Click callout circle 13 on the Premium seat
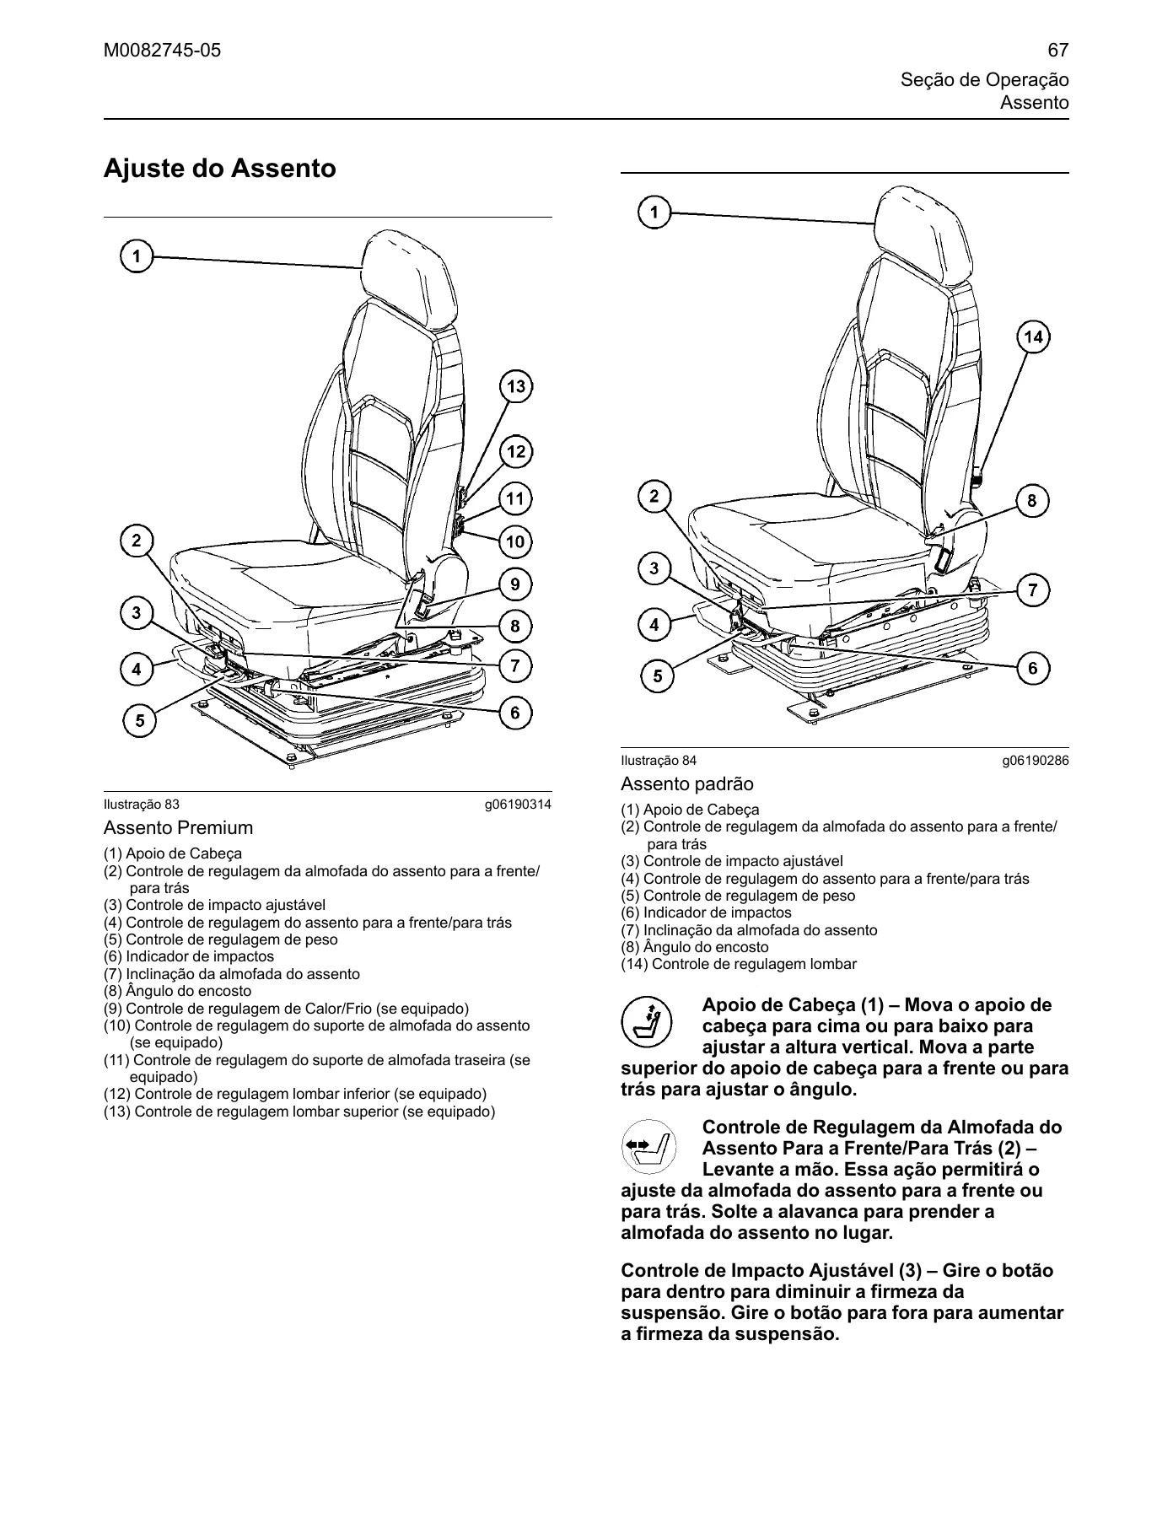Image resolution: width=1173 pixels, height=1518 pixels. (x=515, y=387)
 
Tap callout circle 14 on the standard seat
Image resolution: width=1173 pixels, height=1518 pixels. (x=1033, y=337)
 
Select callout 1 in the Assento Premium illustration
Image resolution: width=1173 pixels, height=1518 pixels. (x=137, y=256)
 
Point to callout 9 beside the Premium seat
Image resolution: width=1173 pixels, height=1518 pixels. (x=515, y=584)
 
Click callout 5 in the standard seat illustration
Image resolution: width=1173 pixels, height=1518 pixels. (x=657, y=676)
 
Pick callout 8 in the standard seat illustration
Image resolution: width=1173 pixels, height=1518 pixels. (x=1032, y=501)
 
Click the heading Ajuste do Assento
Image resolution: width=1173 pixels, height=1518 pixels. (x=219, y=169)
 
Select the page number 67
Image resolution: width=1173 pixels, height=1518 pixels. (x=1058, y=51)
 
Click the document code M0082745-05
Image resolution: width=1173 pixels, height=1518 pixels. (x=162, y=51)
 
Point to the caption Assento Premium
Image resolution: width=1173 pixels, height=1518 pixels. (x=178, y=827)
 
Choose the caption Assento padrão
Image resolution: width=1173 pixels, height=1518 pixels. (x=687, y=783)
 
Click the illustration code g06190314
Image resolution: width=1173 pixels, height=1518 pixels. (x=518, y=805)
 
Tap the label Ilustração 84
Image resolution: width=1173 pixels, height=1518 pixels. (x=659, y=761)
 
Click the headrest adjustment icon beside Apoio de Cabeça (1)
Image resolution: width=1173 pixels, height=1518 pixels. (x=646, y=1023)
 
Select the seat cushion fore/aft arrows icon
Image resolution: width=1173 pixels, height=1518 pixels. (x=646, y=1147)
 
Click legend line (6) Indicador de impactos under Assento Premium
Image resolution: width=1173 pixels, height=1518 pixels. (x=189, y=956)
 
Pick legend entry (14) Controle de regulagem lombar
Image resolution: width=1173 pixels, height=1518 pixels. (x=739, y=964)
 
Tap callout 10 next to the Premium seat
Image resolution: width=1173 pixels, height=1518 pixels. (x=515, y=541)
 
